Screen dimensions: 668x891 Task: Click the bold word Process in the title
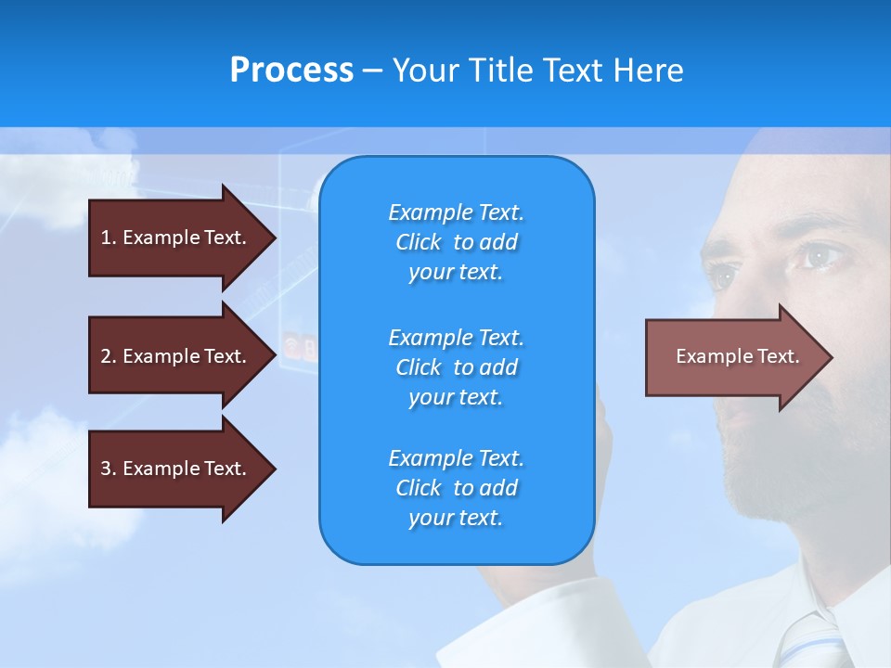[291, 71]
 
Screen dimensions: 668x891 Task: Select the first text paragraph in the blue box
[456, 242]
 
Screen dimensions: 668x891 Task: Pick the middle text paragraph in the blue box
[456, 367]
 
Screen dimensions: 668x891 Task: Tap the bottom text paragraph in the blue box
[456, 488]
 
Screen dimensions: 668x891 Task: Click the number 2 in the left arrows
[106, 356]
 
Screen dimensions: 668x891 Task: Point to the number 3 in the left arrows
[106, 469]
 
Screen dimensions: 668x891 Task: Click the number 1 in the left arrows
[105, 238]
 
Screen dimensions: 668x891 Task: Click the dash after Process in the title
[373, 71]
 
